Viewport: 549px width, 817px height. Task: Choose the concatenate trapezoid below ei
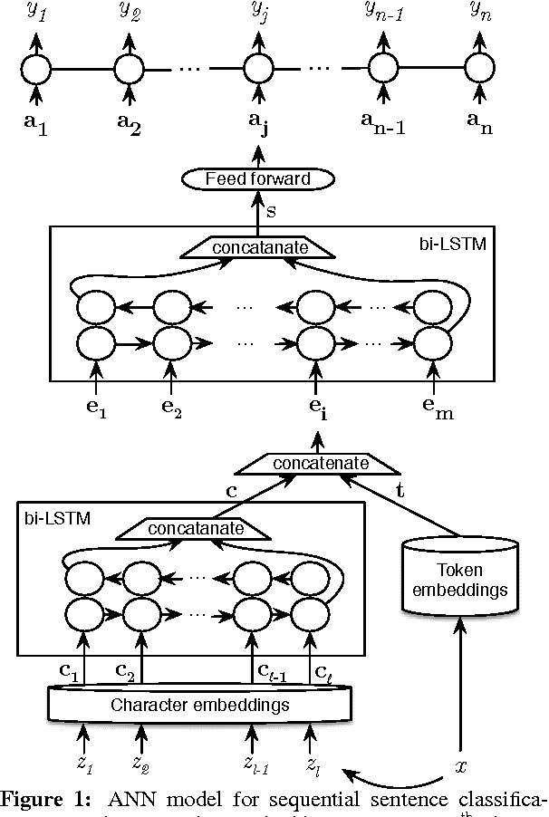(x=314, y=463)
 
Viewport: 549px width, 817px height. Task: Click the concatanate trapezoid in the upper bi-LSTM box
(x=255, y=246)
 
